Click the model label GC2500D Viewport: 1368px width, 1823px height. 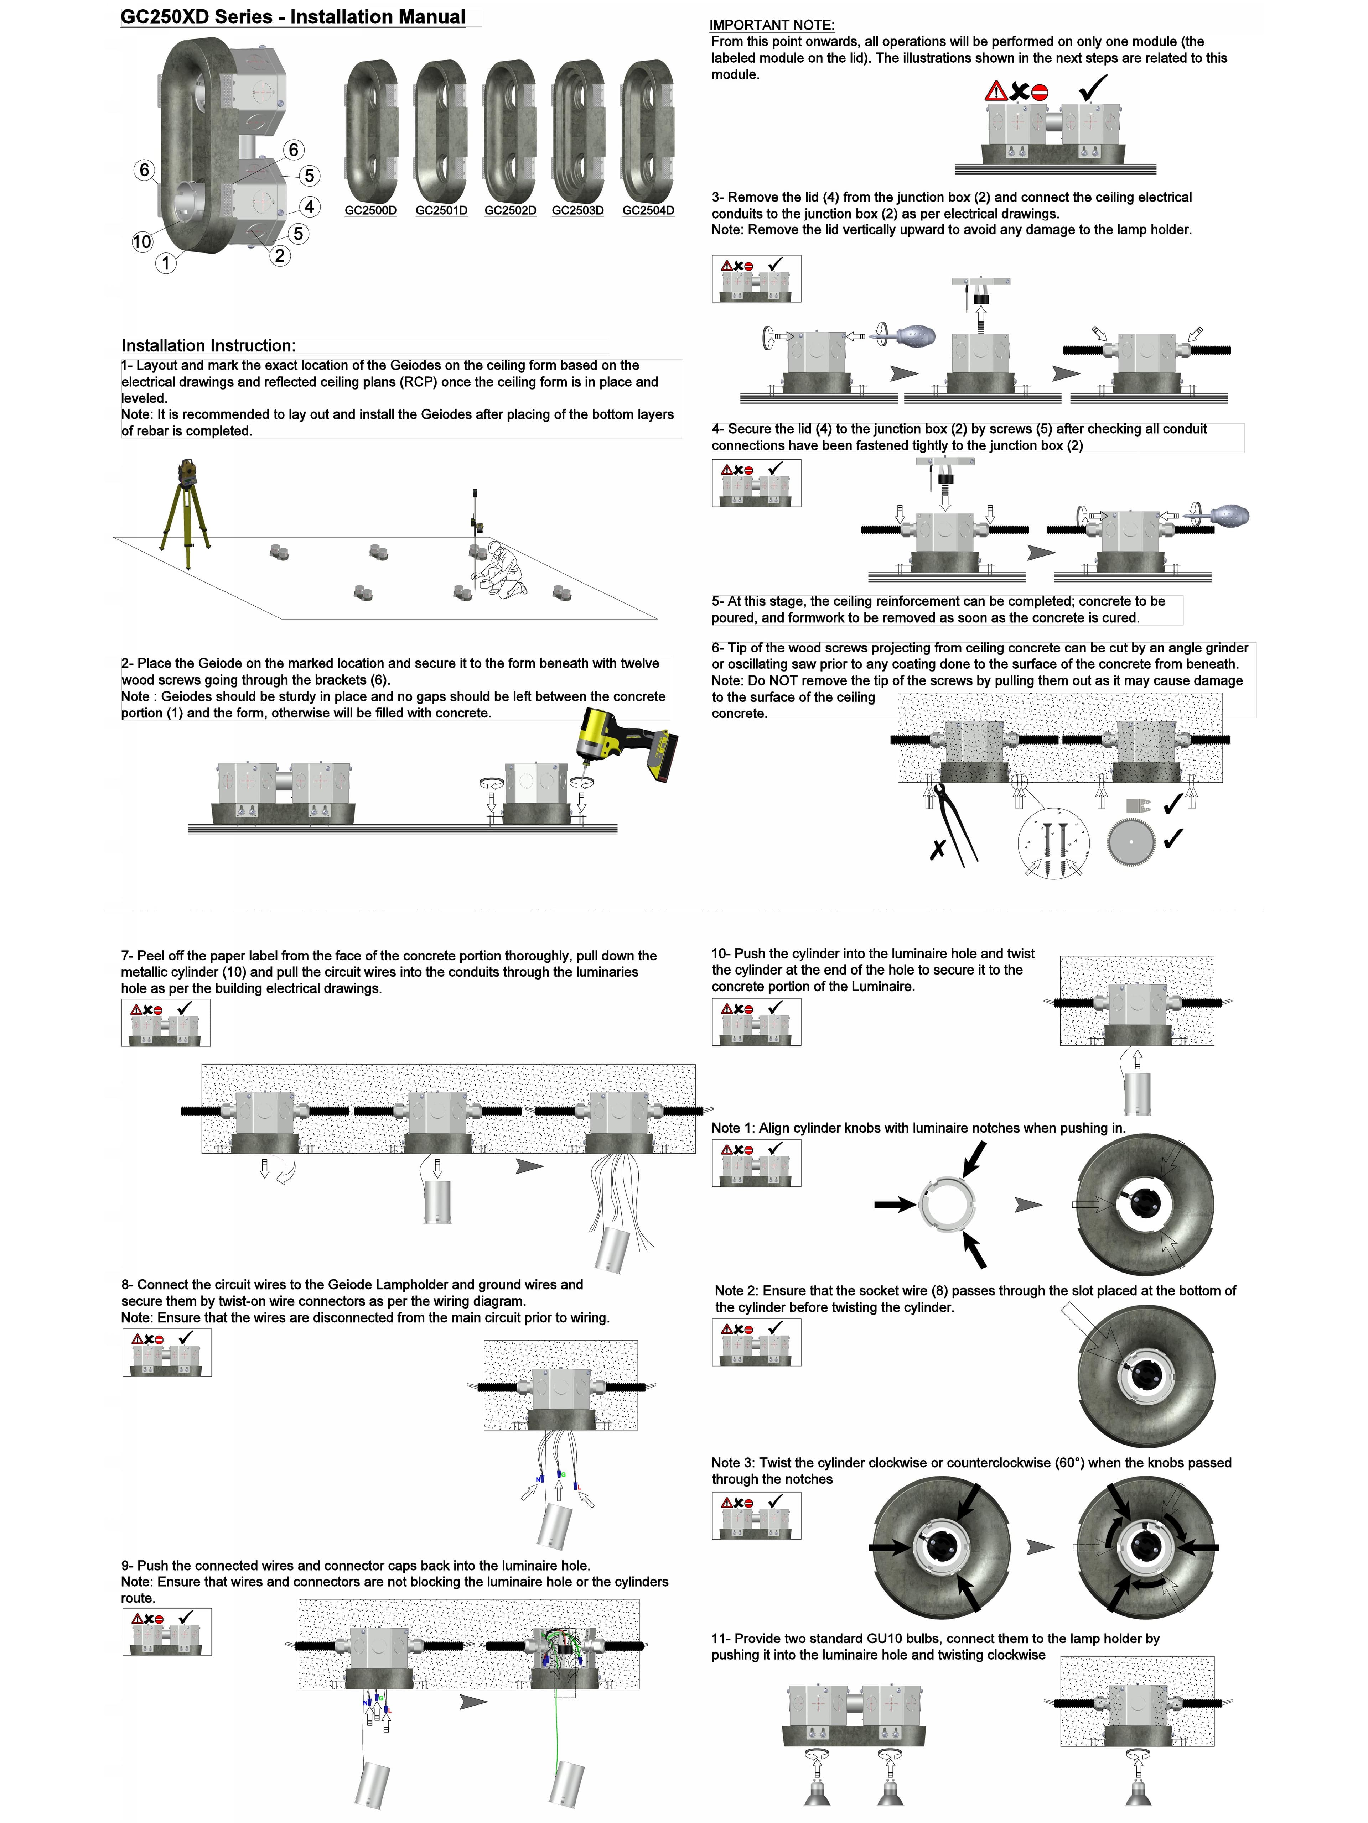370,210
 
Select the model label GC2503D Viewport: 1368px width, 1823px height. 577,210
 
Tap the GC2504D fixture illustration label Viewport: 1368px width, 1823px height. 648,210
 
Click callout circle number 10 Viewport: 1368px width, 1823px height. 142,241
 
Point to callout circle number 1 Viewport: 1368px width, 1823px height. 166,263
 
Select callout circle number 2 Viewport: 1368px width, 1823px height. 280,256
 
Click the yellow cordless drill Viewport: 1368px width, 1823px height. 627,742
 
